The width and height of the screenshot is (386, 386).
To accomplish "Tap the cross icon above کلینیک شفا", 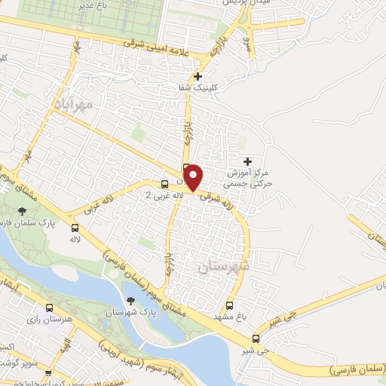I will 198,76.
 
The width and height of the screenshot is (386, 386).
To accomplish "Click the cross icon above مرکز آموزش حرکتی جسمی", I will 248,161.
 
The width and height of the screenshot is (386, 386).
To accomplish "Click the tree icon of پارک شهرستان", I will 131,302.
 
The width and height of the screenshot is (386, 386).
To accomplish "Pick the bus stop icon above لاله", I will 75,227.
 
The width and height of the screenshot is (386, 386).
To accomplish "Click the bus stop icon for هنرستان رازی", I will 50,308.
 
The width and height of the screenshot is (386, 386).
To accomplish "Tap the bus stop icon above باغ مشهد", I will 229,305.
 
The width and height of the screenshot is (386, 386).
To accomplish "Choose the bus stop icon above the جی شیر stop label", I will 256,339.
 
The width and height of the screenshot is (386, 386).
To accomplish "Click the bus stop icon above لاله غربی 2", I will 164,185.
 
